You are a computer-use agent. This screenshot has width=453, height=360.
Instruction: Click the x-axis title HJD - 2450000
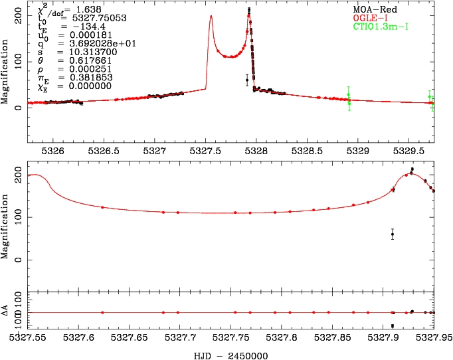[x=230, y=355]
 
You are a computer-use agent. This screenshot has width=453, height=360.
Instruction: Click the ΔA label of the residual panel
[x=6, y=312]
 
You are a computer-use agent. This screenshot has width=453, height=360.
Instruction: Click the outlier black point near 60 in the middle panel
[x=393, y=234]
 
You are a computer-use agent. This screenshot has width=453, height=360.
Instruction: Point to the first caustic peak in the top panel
[x=211, y=17]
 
